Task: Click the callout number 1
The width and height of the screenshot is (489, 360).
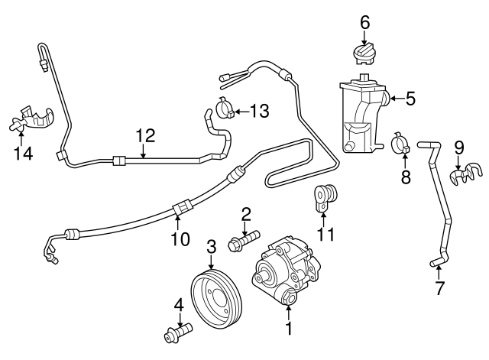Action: (x=289, y=329)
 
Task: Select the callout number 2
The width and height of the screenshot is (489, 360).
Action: (x=246, y=212)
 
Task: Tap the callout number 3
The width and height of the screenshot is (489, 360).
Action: (x=212, y=247)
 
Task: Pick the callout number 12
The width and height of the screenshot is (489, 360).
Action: (x=145, y=136)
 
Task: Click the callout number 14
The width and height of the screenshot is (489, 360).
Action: (x=24, y=153)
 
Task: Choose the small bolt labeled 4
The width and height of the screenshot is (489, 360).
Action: (x=176, y=334)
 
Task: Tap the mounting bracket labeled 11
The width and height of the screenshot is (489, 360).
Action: (x=326, y=198)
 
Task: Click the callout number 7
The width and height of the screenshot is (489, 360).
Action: (x=439, y=289)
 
